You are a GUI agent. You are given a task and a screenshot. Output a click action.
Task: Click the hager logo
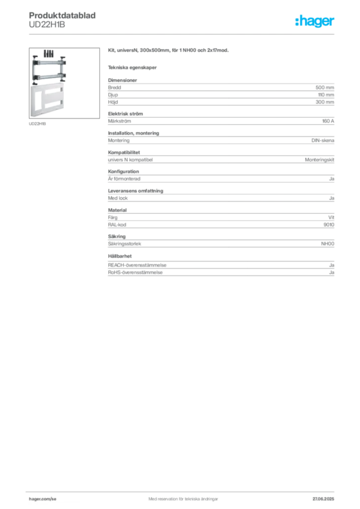(x=315, y=21)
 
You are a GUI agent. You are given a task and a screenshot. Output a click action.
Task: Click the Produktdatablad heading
(x=62, y=15)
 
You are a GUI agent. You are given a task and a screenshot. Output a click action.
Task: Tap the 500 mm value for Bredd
(x=325, y=87)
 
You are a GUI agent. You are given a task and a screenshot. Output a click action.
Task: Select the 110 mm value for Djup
(x=326, y=95)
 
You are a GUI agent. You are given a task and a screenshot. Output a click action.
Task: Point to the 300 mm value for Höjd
(x=325, y=102)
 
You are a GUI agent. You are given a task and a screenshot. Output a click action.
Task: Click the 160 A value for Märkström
(x=328, y=121)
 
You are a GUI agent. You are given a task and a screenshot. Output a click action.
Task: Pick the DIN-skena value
(x=323, y=141)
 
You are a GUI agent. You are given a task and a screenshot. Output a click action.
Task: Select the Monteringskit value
(x=319, y=160)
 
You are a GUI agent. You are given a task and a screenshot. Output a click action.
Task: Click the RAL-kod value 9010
(x=329, y=225)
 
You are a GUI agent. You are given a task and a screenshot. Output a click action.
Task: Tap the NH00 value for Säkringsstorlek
(x=328, y=244)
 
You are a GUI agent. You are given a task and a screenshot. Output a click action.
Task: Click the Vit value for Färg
(x=331, y=218)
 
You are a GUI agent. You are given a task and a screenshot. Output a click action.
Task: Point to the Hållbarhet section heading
(x=120, y=256)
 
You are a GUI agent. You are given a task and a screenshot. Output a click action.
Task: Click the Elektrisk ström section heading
(x=125, y=114)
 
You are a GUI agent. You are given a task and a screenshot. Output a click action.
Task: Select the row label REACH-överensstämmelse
(x=137, y=265)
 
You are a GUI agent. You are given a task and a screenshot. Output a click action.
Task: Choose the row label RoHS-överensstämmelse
(x=135, y=272)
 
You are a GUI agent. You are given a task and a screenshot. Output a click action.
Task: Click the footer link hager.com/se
(x=43, y=499)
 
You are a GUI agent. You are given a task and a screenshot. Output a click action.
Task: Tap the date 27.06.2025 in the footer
(x=323, y=499)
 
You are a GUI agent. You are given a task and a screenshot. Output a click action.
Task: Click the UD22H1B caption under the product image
(x=37, y=124)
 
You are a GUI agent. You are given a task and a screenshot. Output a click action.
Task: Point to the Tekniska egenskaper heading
(x=132, y=68)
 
